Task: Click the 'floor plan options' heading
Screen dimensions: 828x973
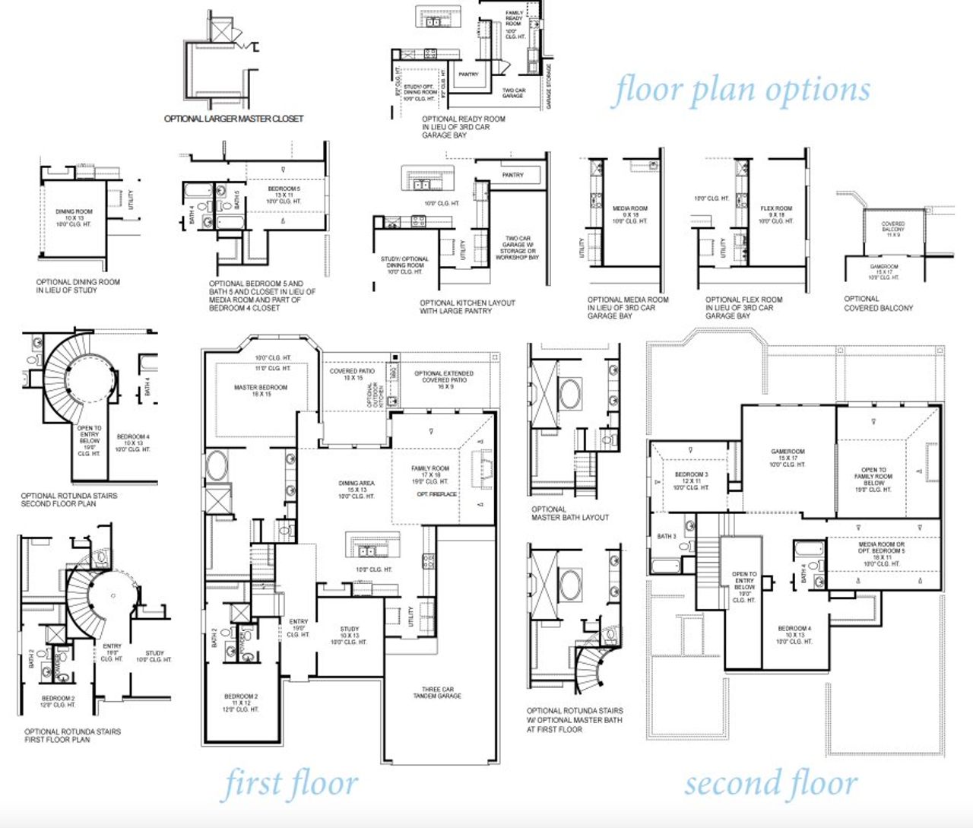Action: pyautogui.click(x=741, y=90)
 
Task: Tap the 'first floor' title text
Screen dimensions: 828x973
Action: pyautogui.click(x=290, y=785)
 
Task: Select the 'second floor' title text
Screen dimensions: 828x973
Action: pyautogui.click(x=771, y=784)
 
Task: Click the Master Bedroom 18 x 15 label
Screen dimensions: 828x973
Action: pyautogui.click(x=261, y=391)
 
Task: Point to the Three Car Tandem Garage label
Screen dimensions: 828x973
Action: pyautogui.click(x=437, y=693)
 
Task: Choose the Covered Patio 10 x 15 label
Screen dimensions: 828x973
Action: pyautogui.click(x=352, y=374)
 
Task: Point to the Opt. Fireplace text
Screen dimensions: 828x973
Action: pyautogui.click(x=437, y=494)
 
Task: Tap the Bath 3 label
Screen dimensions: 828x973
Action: pyautogui.click(x=667, y=536)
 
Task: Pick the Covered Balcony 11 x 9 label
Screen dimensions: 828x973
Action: pyautogui.click(x=893, y=229)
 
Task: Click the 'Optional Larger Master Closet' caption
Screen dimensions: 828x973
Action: pyautogui.click(x=234, y=119)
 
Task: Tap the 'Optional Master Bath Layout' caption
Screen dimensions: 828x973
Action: pyautogui.click(x=570, y=513)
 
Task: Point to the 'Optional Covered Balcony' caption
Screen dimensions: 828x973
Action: pyautogui.click(x=878, y=303)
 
